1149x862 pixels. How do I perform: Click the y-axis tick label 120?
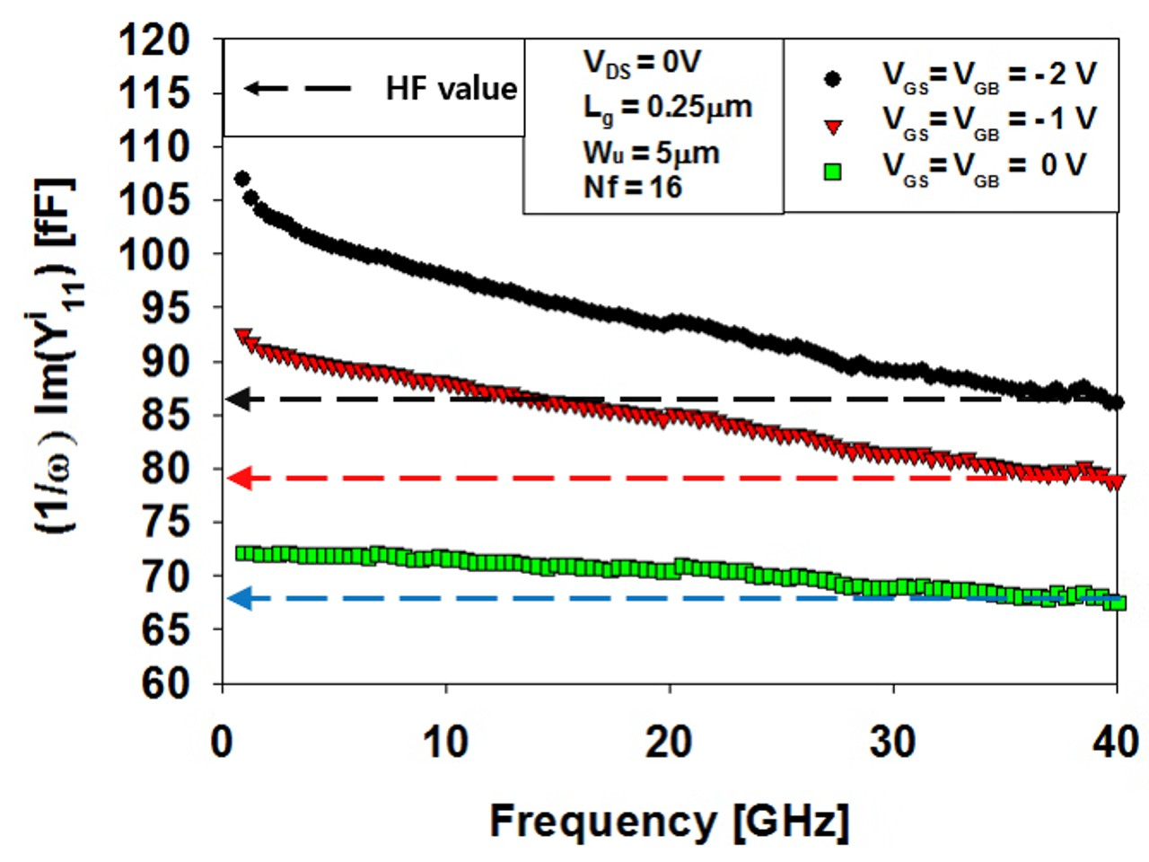[x=157, y=40]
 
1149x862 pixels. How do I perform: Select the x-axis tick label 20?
[x=670, y=743]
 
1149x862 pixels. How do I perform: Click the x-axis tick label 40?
[x=1116, y=743]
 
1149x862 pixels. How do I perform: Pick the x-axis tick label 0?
[x=222, y=743]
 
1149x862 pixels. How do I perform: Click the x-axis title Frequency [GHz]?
[x=669, y=821]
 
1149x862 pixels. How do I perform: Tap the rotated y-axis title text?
[x=55, y=359]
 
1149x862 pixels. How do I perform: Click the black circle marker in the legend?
[x=833, y=79]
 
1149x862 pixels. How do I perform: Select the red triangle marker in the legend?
[x=833, y=127]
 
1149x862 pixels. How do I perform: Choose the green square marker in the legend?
[x=833, y=172]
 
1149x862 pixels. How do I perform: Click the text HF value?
[x=452, y=88]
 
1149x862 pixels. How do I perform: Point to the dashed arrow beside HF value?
[x=298, y=88]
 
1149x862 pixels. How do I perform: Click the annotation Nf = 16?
[x=633, y=188]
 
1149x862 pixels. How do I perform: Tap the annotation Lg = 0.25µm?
[x=668, y=109]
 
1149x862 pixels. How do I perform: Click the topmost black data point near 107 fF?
[x=241, y=179]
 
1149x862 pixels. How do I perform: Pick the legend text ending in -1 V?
[x=989, y=120]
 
